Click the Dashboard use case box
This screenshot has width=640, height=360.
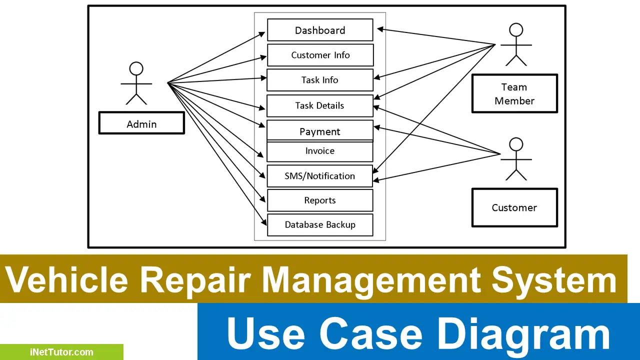point(320,30)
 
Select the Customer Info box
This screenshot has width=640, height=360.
point(320,55)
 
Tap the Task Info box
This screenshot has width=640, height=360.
point(320,80)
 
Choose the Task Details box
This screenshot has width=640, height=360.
point(320,105)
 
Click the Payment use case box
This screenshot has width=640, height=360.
point(320,131)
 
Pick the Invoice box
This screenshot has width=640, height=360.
point(320,151)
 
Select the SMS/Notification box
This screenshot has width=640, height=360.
point(320,176)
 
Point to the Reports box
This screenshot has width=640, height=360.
point(320,200)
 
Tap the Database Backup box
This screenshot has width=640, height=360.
point(320,224)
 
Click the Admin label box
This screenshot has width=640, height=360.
point(141,123)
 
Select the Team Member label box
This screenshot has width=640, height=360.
point(514,93)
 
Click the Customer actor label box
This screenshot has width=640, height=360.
point(514,207)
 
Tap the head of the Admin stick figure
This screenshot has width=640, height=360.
point(136,68)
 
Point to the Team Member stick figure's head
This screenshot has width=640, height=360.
point(516,30)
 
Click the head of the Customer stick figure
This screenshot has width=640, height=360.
point(516,145)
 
